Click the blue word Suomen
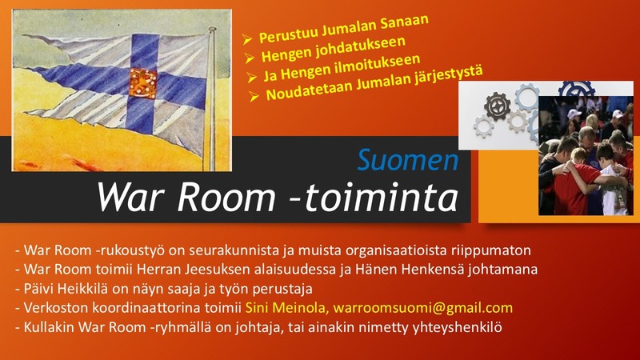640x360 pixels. click(408, 159)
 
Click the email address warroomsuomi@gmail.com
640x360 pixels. click(423, 308)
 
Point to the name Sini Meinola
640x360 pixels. click(286, 307)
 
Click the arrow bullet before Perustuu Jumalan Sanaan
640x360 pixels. click(247, 39)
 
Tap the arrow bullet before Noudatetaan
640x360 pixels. click(254, 96)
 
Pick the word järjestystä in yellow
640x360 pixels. click(449, 77)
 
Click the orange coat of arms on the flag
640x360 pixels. click(143, 83)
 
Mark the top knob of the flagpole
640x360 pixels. click(212, 30)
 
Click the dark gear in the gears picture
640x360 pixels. click(497, 106)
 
